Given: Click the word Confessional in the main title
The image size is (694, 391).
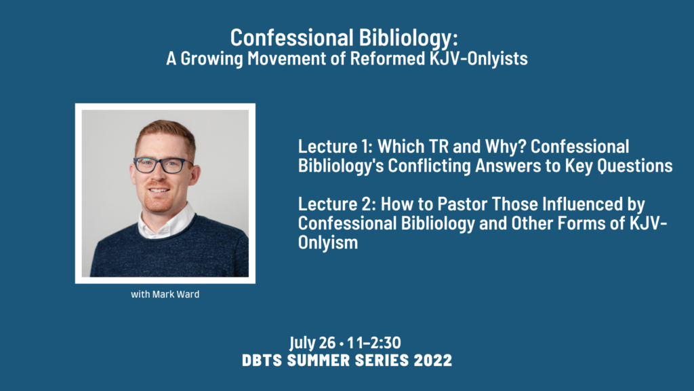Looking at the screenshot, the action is [x=291, y=37].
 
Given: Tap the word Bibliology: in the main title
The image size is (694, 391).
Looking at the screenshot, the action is [x=408, y=39].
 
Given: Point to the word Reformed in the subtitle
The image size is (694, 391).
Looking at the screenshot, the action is [x=387, y=58].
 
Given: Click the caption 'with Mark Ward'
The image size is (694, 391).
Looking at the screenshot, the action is [x=165, y=295].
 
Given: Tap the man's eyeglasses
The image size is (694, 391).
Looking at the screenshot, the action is [x=163, y=165].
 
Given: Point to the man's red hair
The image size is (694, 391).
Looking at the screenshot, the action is [x=165, y=133].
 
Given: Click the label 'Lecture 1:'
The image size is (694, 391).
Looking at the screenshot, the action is [x=335, y=147].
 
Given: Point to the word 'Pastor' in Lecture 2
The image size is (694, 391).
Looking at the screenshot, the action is [x=463, y=204].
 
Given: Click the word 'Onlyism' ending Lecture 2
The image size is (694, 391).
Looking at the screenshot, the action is [x=328, y=243].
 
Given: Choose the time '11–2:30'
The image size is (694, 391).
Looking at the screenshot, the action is [x=374, y=343].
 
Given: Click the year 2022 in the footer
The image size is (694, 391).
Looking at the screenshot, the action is [x=433, y=360].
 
